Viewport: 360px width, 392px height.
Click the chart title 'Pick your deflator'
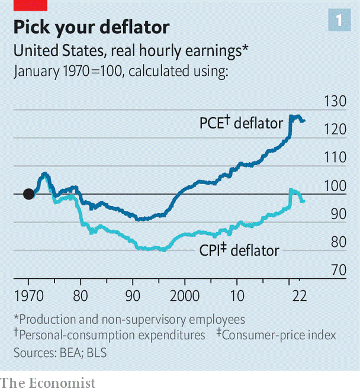(x=92, y=27)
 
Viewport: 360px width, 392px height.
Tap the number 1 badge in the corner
(x=339, y=20)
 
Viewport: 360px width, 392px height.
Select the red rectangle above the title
(x=30, y=5)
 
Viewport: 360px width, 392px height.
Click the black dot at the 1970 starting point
(x=29, y=194)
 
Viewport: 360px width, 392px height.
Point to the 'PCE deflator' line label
(x=241, y=123)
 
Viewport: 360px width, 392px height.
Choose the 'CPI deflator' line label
(x=239, y=250)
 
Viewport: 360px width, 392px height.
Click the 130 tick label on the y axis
(x=335, y=101)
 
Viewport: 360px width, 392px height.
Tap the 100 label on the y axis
(x=335, y=186)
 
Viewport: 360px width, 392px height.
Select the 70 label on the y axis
(x=339, y=270)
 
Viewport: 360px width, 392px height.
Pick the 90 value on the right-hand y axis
(x=339, y=214)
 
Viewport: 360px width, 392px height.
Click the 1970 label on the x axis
(x=29, y=295)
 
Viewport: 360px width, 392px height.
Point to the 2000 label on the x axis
(x=185, y=295)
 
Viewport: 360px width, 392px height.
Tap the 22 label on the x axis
(x=299, y=295)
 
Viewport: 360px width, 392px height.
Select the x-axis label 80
(x=81, y=295)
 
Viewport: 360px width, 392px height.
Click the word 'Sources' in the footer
(x=36, y=353)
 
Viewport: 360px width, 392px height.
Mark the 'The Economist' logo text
(x=47, y=383)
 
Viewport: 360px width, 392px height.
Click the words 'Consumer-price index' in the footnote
(x=279, y=335)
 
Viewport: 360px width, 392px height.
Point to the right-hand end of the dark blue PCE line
(x=304, y=121)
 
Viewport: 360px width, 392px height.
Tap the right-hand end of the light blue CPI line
(x=304, y=201)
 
